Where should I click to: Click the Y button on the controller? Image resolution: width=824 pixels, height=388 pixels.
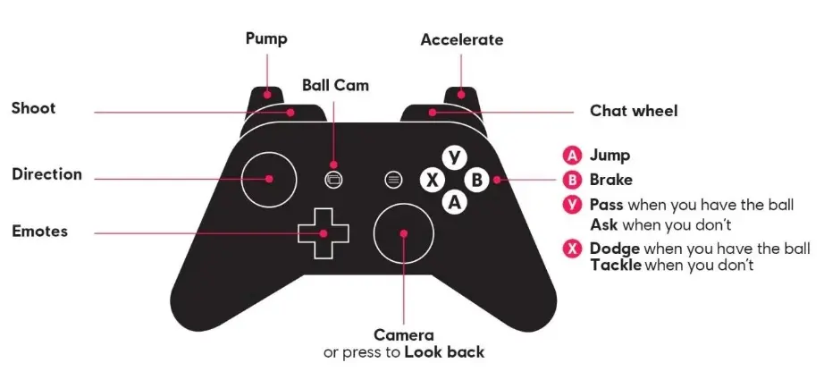454,157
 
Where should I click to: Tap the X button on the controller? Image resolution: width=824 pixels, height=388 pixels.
432,181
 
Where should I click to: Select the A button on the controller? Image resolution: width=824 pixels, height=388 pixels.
454,202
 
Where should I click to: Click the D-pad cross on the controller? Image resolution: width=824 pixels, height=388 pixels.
324,233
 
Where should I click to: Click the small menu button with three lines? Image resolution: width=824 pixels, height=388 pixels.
392,180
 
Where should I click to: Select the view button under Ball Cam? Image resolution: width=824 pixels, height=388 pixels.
333,180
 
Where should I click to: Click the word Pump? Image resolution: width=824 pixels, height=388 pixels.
266,39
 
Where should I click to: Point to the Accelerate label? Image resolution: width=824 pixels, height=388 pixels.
461,40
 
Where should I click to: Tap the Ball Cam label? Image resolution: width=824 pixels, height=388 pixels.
335,85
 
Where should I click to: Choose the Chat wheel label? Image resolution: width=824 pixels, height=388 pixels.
634,111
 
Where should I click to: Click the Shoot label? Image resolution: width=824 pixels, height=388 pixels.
34,108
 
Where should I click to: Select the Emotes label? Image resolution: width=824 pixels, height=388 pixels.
40,232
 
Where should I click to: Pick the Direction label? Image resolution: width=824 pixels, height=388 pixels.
46,174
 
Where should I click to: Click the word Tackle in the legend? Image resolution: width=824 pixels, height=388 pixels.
616,265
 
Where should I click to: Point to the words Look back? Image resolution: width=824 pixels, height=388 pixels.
444,352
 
